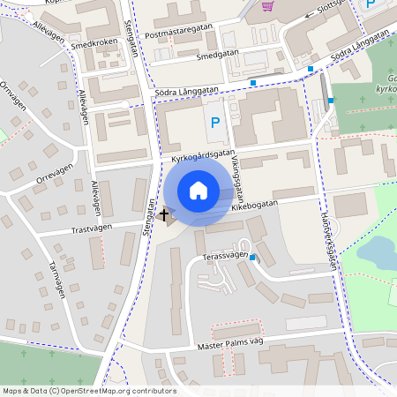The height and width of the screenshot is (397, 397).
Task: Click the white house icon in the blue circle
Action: pos(198,191)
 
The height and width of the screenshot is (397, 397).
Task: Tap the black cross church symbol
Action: pos(163,213)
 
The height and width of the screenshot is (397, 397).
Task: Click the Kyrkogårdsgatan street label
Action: pos(198,156)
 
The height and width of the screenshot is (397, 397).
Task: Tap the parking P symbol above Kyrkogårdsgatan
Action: pos(215,124)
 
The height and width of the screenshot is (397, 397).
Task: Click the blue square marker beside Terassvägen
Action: pos(253,258)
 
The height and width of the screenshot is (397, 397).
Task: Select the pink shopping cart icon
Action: pos(266,6)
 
